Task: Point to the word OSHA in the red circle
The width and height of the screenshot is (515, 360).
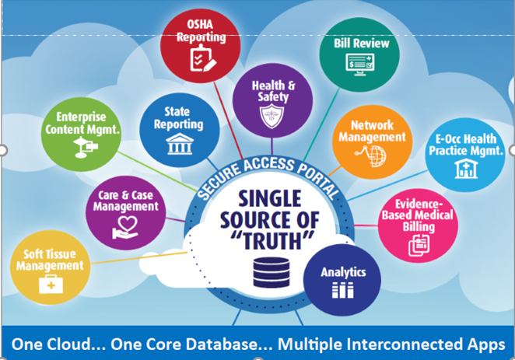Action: (200, 25)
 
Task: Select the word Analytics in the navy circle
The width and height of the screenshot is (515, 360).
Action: (343, 273)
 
